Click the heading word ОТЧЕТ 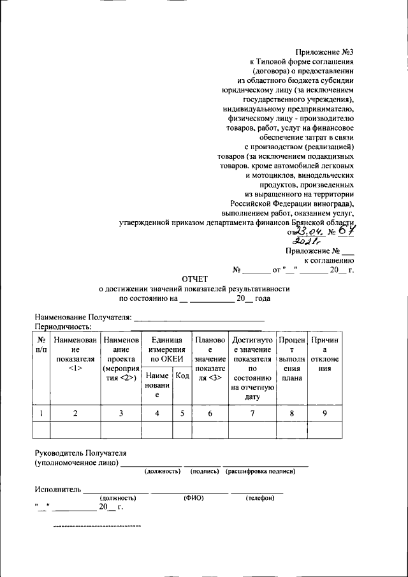(x=195, y=279)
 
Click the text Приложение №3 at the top (x=324, y=52)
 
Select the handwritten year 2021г (x=306, y=242)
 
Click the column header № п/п (x=41, y=345)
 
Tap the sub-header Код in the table (x=182, y=377)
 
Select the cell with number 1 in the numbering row (x=41, y=413)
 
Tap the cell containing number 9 (x=324, y=413)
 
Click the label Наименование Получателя (x=83, y=317)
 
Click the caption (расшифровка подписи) (x=260, y=471)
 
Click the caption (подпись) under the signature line (x=203, y=471)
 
